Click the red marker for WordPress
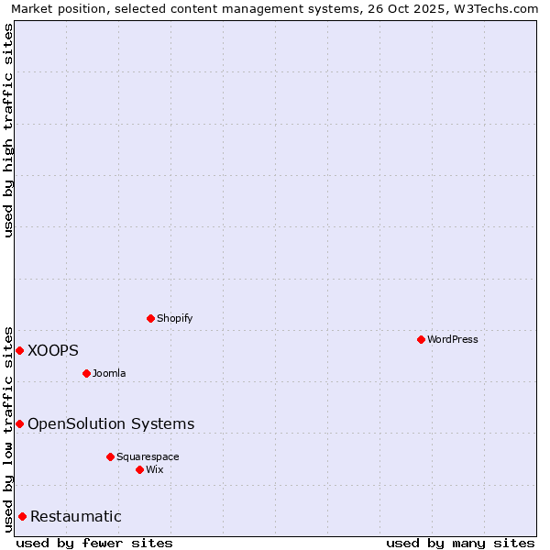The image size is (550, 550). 421,339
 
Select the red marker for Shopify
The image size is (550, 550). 151,318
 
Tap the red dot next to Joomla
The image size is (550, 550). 86,373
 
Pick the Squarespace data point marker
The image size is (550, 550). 110,456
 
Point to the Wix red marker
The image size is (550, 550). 139,469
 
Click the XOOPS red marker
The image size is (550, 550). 19,350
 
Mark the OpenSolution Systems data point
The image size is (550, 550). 19,423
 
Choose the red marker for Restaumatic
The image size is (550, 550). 22,516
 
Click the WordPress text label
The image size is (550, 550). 453,340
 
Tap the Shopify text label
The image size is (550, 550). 175,319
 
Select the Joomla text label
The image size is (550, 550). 109,374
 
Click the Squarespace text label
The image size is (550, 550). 148,457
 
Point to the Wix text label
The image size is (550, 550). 155,470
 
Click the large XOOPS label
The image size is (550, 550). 53,350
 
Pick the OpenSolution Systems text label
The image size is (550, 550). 111,423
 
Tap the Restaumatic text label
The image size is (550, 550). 76,516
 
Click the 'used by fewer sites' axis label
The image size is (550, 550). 94,543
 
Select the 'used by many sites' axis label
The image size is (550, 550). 460,543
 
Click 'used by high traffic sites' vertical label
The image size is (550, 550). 9,130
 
